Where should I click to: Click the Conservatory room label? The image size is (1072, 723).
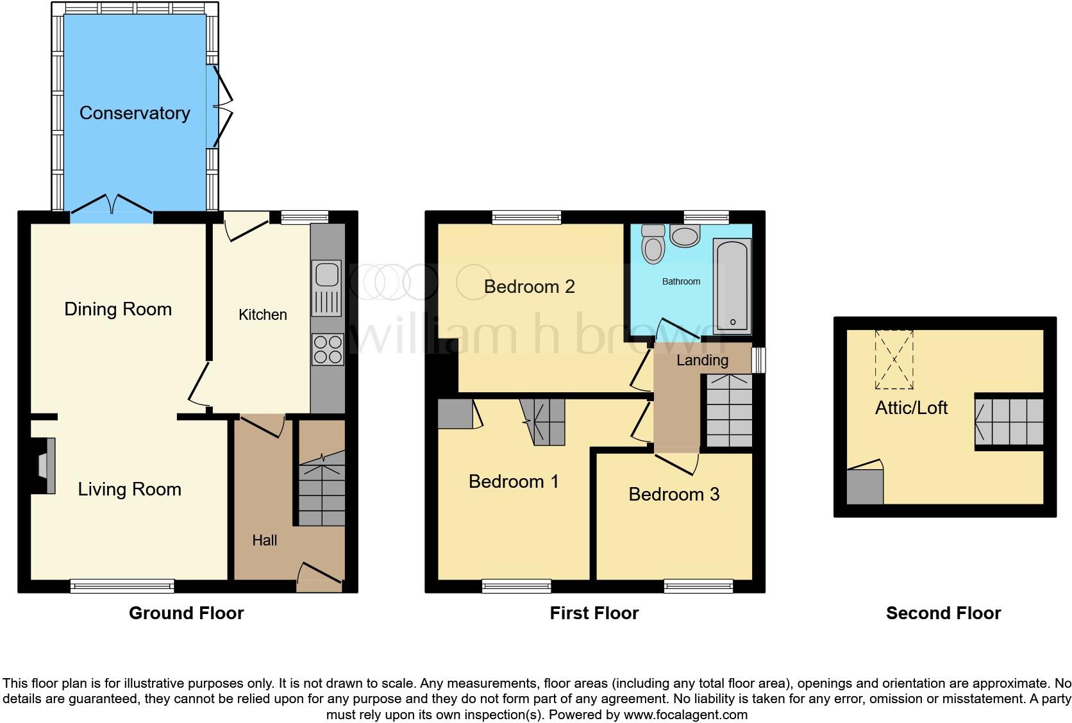click(x=135, y=113)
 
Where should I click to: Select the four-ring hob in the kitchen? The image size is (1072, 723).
click(x=327, y=349)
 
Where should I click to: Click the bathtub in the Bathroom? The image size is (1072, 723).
click(x=733, y=286)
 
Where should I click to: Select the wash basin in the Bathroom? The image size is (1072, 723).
click(x=685, y=237)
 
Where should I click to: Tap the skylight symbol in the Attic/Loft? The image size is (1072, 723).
click(x=894, y=360)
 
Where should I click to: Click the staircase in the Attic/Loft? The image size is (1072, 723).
click(x=1009, y=422)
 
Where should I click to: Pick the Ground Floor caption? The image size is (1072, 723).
click(x=186, y=613)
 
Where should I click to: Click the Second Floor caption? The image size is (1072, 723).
click(x=943, y=613)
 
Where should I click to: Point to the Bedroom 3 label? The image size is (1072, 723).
click(x=674, y=494)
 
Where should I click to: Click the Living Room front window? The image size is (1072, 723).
click(x=122, y=585)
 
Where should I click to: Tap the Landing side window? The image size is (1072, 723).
click(x=758, y=360)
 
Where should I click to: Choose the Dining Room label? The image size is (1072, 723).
click(x=118, y=310)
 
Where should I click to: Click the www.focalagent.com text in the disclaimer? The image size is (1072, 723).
click(x=685, y=714)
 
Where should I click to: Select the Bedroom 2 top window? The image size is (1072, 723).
click(x=526, y=218)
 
